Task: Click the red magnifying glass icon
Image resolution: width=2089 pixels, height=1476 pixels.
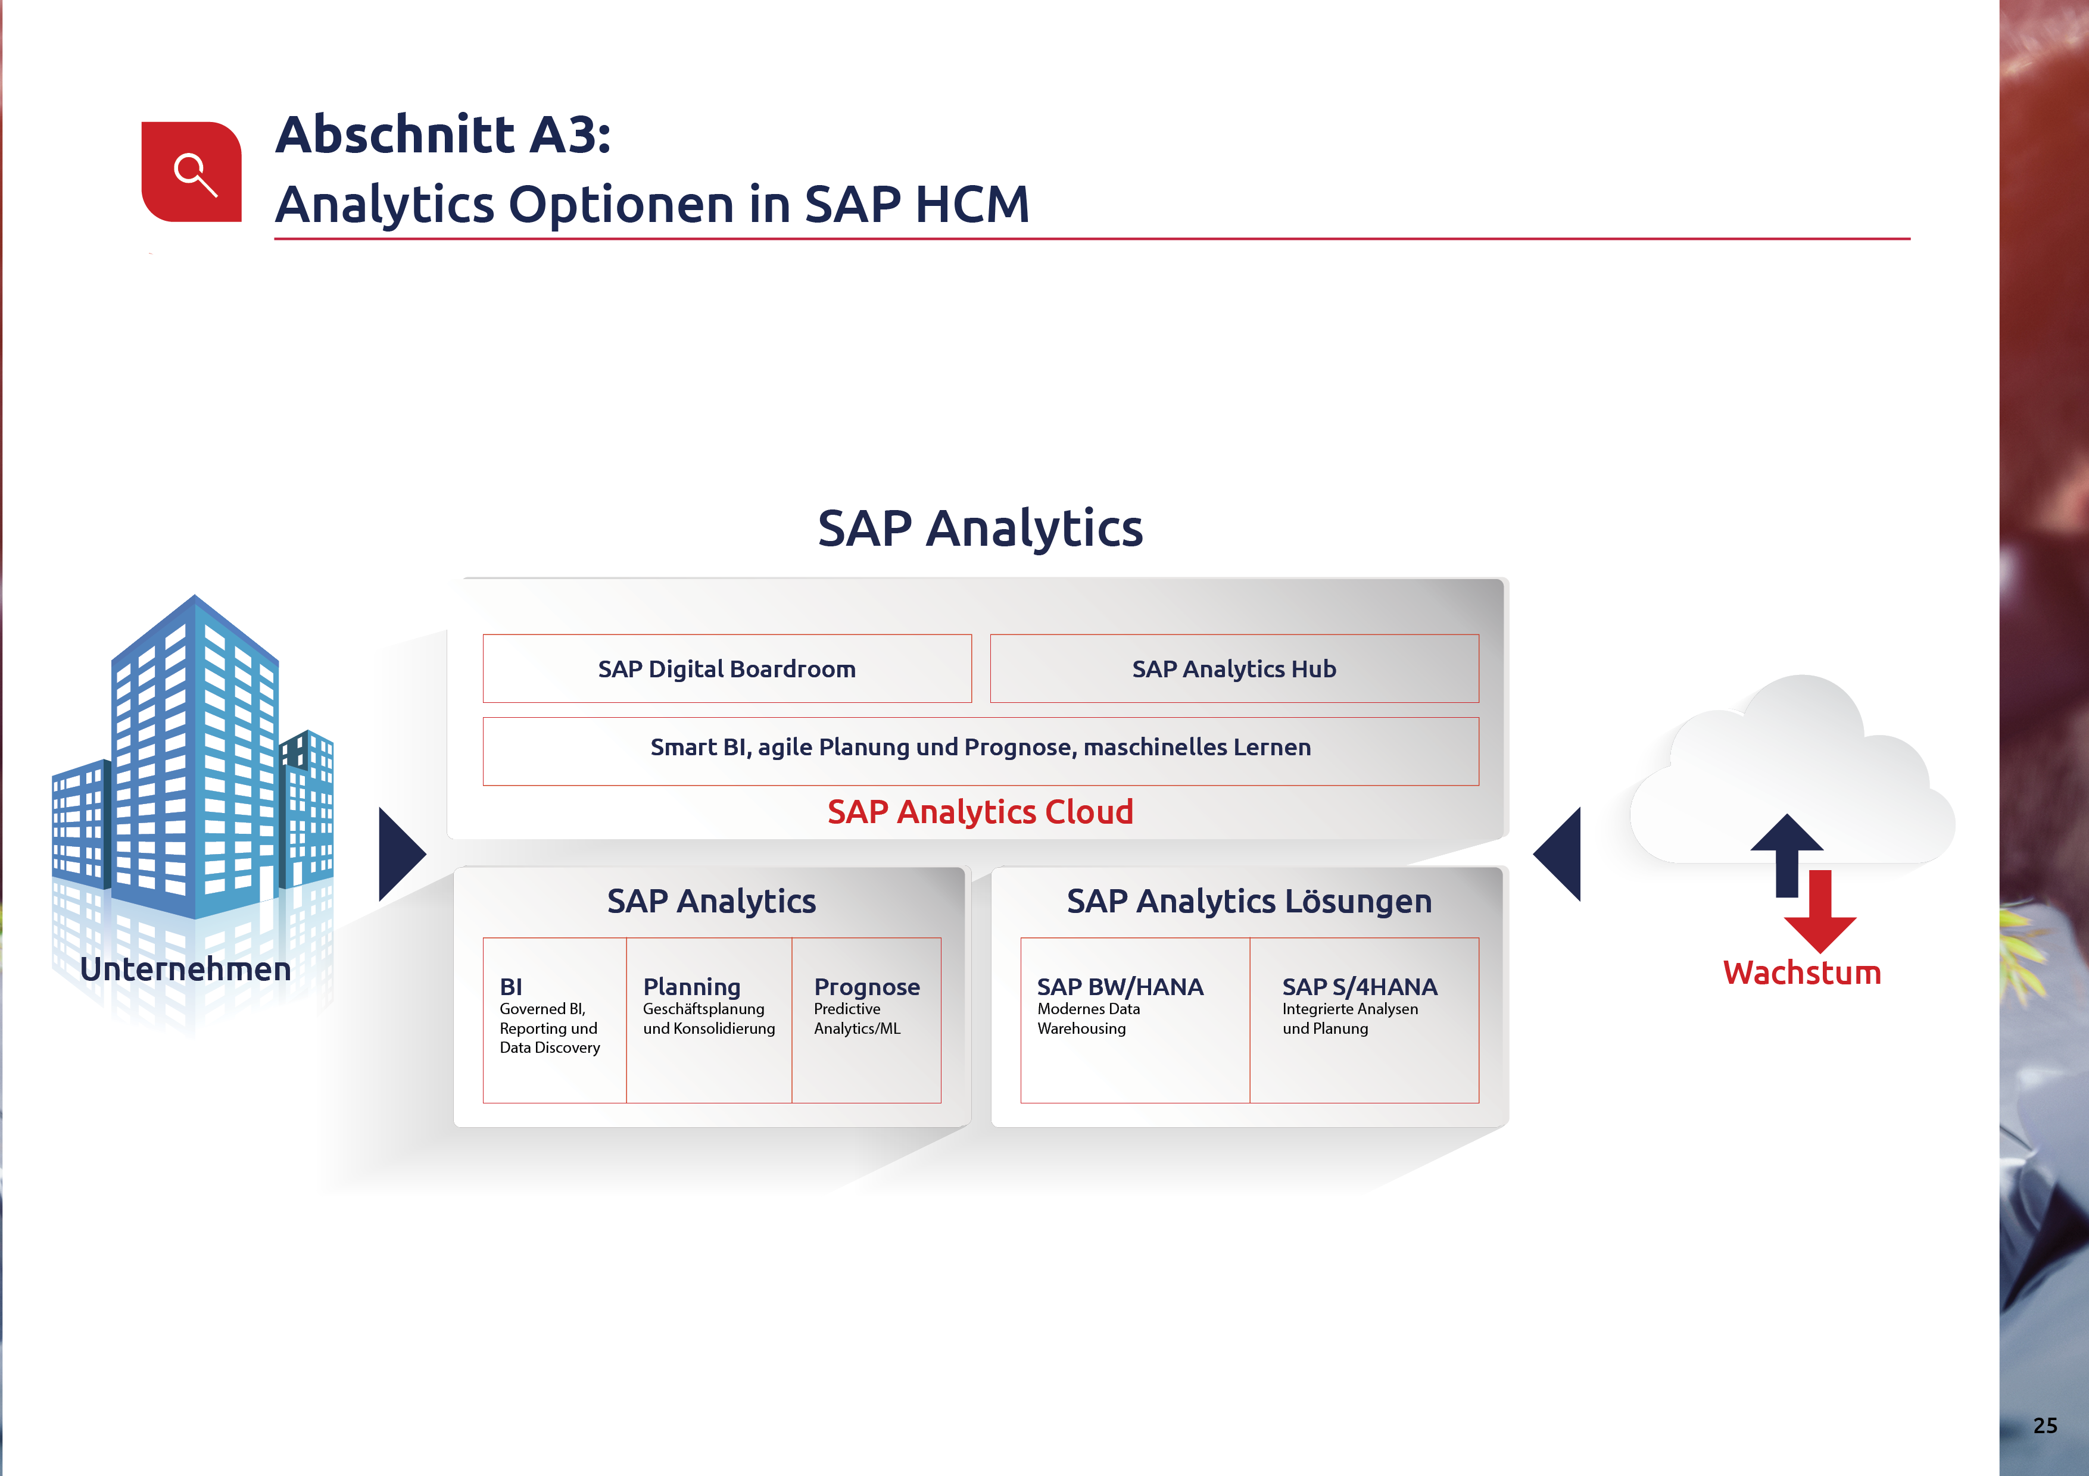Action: tap(191, 172)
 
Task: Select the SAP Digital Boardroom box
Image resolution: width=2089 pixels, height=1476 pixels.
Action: tap(727, 668)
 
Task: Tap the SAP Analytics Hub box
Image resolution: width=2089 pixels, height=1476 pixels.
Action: tap(1234, 668)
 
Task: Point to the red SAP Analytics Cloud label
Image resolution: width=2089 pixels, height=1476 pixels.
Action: tap(980, 811)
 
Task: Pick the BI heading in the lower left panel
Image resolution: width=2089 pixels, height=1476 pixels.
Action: tap(512, 987)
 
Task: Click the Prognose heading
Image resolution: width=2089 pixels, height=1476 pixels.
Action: tap(867, 987)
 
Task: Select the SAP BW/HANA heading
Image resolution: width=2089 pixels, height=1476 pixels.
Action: tap(1120, 987)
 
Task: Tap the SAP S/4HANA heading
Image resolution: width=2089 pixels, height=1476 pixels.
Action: tap(1360, 987)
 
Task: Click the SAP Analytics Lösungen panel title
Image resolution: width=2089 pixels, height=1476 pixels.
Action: tap(1249, 901)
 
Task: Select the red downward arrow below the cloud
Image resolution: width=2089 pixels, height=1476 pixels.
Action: tap(1820, 911)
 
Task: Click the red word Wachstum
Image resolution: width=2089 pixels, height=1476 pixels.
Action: tap(1801, 972)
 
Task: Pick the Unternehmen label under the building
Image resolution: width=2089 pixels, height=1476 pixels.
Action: tap(186, 970)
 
